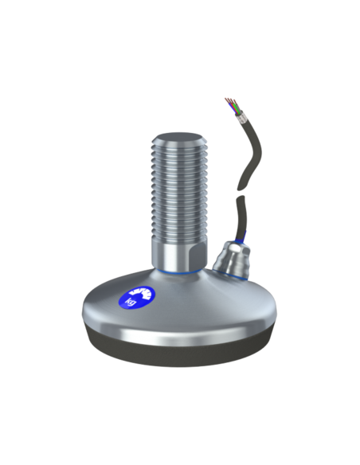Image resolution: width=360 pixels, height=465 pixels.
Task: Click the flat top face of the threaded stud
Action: [179, 139]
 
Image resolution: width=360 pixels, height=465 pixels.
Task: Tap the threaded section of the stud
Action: [179, 190]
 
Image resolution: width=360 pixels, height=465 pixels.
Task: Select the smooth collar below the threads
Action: [179, 255]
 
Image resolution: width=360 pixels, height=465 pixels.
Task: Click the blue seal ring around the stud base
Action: [179, 272]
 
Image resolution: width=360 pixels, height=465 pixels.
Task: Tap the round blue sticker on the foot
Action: [137, 297]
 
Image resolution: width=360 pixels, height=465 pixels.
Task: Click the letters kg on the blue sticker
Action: [131, 302]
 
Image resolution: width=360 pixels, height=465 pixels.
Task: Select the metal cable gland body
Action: [232, 259]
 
